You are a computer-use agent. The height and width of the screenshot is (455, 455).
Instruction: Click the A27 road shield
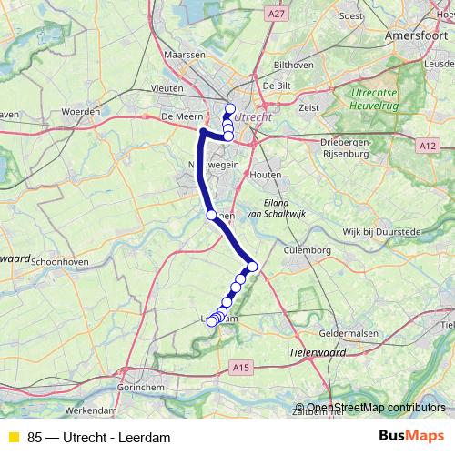[278, 15]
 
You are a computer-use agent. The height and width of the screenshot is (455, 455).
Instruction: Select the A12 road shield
[428, 145]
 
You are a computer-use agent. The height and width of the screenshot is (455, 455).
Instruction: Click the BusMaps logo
[411, 437]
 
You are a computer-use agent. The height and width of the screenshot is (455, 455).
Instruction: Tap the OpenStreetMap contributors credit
[376, 408]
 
